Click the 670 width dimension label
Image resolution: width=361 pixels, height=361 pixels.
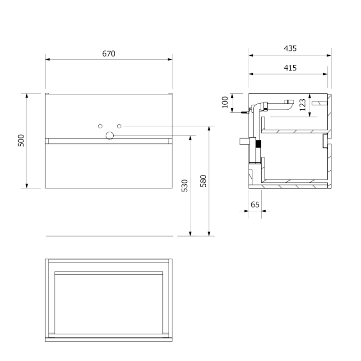pyautogui.click(x=109, y=54)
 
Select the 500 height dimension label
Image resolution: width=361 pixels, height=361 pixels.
pyautogui.click(x=21, y=140)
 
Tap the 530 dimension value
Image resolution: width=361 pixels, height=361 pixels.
pyautogui.click(x=185, y=185)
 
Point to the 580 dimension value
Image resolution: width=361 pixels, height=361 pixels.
pyautogui.click(x=204, y=181)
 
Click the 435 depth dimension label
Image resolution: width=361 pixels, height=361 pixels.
pyautogui.click(x=290, y=48)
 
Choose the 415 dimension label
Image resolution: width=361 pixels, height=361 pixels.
pyautogui.click(x=290, y=68)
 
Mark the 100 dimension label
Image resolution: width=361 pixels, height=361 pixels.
pyautogui.click(x=225, y=102)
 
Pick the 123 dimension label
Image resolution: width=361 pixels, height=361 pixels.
pyautogui.click(x=302, y=105)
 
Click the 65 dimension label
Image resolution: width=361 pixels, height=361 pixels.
pyautogui.click(x=255, y=204)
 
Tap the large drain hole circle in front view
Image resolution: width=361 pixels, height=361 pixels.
pyautogui.click(x=110, y=136)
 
